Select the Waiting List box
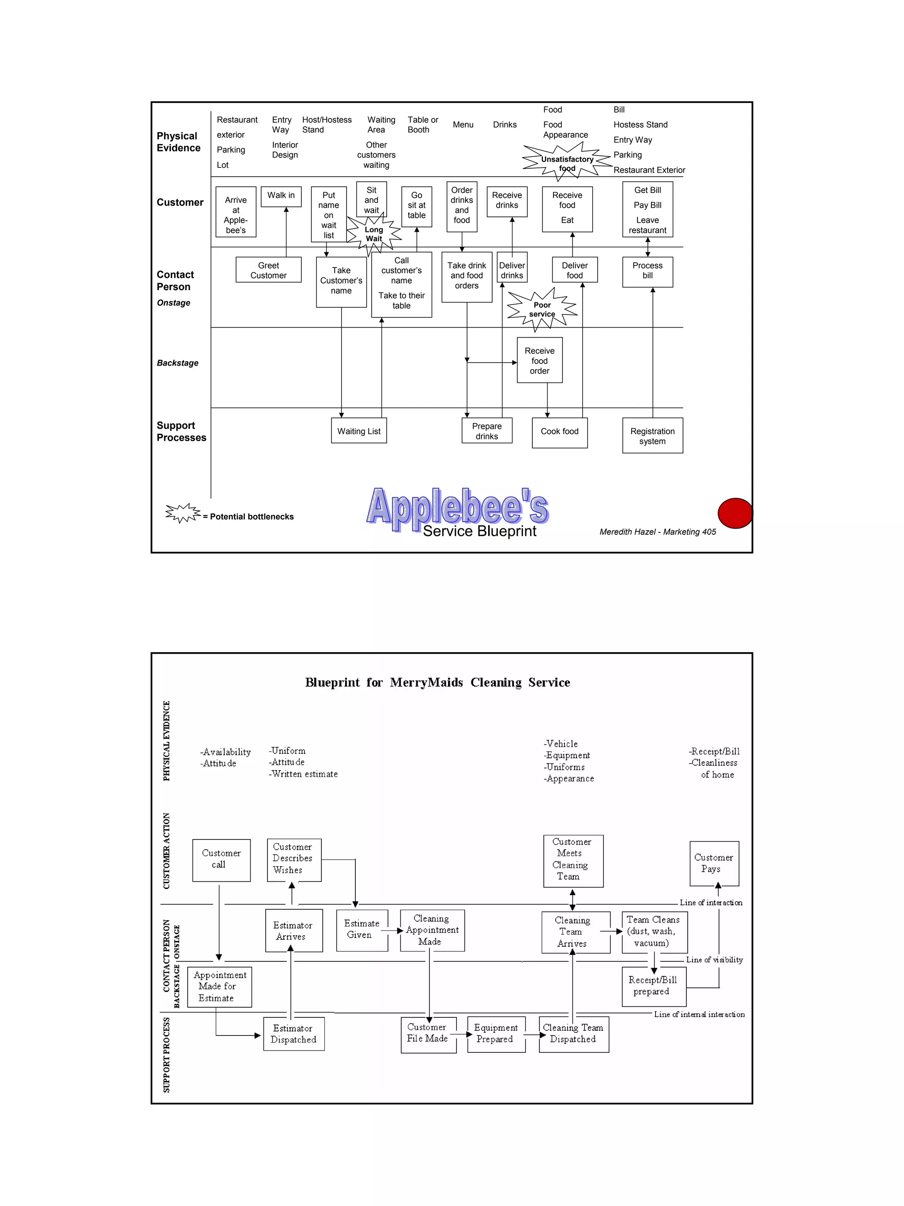coord(358,431)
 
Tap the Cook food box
coord(560,432)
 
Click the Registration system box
coord(652,435)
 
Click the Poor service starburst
coord(542,310)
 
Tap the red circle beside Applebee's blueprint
coord(734,513)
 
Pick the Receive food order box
coord(539,360)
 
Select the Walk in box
coord(281,196)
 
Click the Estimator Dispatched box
coord(294,1034)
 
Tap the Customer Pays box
coord(714,864)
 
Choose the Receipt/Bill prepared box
coord(653,986)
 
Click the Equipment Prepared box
coord(496,1034)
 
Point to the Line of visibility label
coord(714,960)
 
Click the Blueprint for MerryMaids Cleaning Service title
coord(437,683)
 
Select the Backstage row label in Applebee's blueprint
coord(177,363)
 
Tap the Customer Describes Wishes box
coord(294,859)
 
